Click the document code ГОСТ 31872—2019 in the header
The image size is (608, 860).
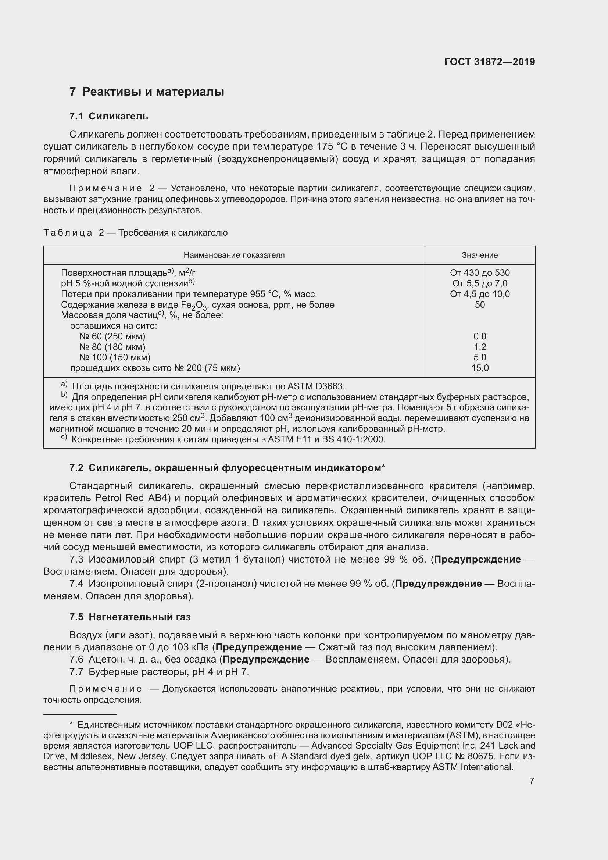click(x=489, y=62)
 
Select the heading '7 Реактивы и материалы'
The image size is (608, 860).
click(x=146, y=92)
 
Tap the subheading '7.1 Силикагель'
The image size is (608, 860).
click(x=108, y=117)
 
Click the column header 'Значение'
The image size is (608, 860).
click(x=480, y=255)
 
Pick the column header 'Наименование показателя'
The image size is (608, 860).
click(x=234, y=255)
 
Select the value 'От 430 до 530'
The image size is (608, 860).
click(x=480, y=273)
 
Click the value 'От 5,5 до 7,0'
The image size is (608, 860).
click(x=480, y=283)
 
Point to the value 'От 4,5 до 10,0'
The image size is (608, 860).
click(x=480, y=294)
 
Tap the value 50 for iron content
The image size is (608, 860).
click(x=480, y=304)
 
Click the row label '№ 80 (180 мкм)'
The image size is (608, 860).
click(x=112, y=347)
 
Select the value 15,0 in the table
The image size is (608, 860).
click(x=480, y=368)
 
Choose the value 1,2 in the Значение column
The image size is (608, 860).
click(x=480, y=347)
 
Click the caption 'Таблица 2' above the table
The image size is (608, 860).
click(x=74, y=233)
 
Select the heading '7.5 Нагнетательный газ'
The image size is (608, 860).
click(x=130, y=617)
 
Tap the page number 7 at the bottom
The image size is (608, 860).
click(x=532, y=781)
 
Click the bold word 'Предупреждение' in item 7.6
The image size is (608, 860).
click(x=266, y=659)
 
